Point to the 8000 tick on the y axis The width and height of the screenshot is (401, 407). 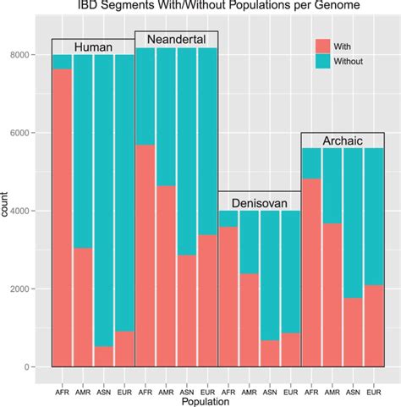(32, 55)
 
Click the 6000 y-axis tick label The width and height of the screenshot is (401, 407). (32, 133)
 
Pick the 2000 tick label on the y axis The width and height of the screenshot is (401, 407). (32, 289)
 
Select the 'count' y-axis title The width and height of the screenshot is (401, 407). (8, 211)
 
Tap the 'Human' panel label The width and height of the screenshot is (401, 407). (93, 47)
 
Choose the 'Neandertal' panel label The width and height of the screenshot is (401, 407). (176, 40)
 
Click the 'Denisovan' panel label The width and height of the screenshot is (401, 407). (260, 201)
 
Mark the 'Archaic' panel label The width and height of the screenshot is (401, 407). (343, 140)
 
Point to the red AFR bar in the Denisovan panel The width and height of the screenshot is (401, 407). (228, 296)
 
